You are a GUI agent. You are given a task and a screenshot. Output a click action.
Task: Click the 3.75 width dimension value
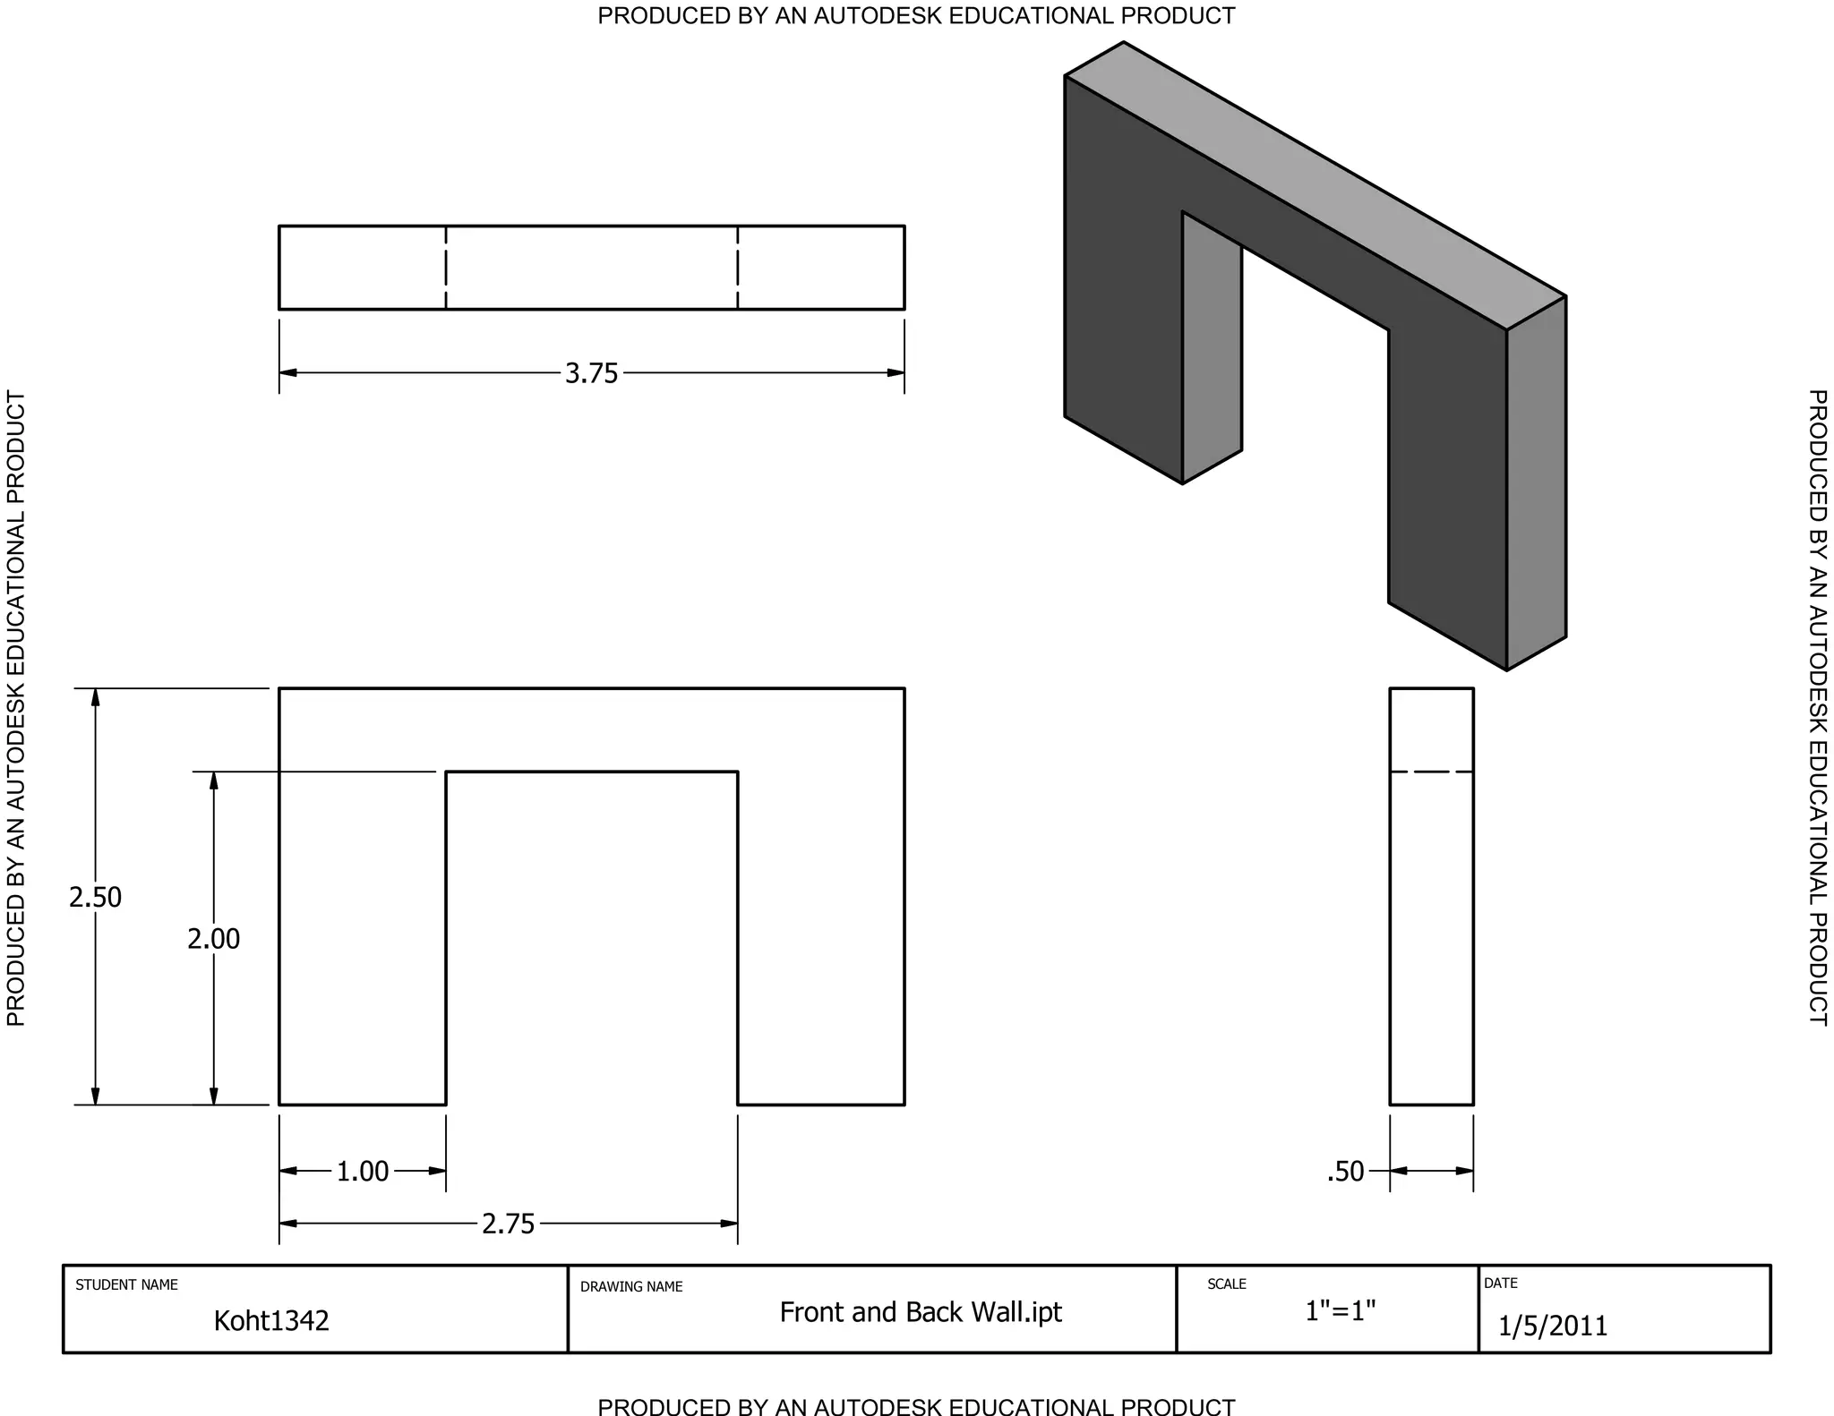pos(591,373)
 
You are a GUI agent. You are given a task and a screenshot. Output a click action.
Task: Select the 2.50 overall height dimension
pos(95,897)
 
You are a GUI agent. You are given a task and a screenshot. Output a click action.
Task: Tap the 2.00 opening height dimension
pos(213,939)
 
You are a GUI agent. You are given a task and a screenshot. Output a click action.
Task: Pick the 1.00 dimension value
pos(363,1172)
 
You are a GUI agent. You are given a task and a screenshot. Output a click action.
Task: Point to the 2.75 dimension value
pos(508,1224)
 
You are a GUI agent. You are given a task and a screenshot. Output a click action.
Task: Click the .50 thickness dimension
pos(1345,1172)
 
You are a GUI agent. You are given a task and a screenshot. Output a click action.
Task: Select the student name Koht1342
pos(271,1321)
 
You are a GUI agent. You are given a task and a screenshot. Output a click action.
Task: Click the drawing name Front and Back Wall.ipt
pos(921,1312)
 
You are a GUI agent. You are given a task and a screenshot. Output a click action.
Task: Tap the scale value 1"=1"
pos(1340,1311)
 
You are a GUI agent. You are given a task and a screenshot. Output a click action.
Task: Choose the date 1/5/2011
pos(1553,1326)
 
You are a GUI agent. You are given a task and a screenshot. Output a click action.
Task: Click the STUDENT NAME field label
pos(126,1285)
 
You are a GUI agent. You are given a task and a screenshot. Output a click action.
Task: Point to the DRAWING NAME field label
pos(631,1287)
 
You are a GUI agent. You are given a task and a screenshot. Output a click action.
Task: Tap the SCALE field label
pos(1227,1284)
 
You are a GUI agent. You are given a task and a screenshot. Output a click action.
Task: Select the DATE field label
pos(1501,1284)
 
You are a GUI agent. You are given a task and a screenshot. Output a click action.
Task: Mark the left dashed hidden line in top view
pos(446,268)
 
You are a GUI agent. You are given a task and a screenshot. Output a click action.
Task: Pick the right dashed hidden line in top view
pos(738,268)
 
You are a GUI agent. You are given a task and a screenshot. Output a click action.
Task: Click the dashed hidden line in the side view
pos(1431,772)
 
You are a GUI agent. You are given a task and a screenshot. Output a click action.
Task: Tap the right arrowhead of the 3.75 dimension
pos(896,373)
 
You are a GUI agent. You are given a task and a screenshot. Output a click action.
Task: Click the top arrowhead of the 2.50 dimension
pos(95,698)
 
